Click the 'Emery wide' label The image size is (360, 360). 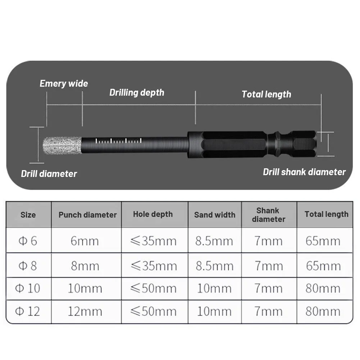click(x=64, y=84)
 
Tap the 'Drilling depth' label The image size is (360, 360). click(x=137, y=92)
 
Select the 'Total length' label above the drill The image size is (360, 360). click(x=266, y=94)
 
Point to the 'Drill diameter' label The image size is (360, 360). click(x=49, y=174)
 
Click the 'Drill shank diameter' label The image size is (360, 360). click(x=304, y=172)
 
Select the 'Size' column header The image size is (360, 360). click(x=28, y=215)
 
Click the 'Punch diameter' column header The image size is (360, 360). click(x=87, y=215)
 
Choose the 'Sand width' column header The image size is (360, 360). click(x=215, y=215)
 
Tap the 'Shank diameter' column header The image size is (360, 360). click(x=269, y=215)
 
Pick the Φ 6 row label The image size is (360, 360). click(x=28, y=241)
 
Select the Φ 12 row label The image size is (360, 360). click(x=28, y=311)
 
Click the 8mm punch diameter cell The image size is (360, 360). click(x=85, y=266)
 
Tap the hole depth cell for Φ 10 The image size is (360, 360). click(x=154, y=288)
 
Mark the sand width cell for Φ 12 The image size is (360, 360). click(x=214, y=311)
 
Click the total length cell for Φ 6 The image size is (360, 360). click(x=323, y=241)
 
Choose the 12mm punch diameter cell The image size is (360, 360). click(x=85, y=311)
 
